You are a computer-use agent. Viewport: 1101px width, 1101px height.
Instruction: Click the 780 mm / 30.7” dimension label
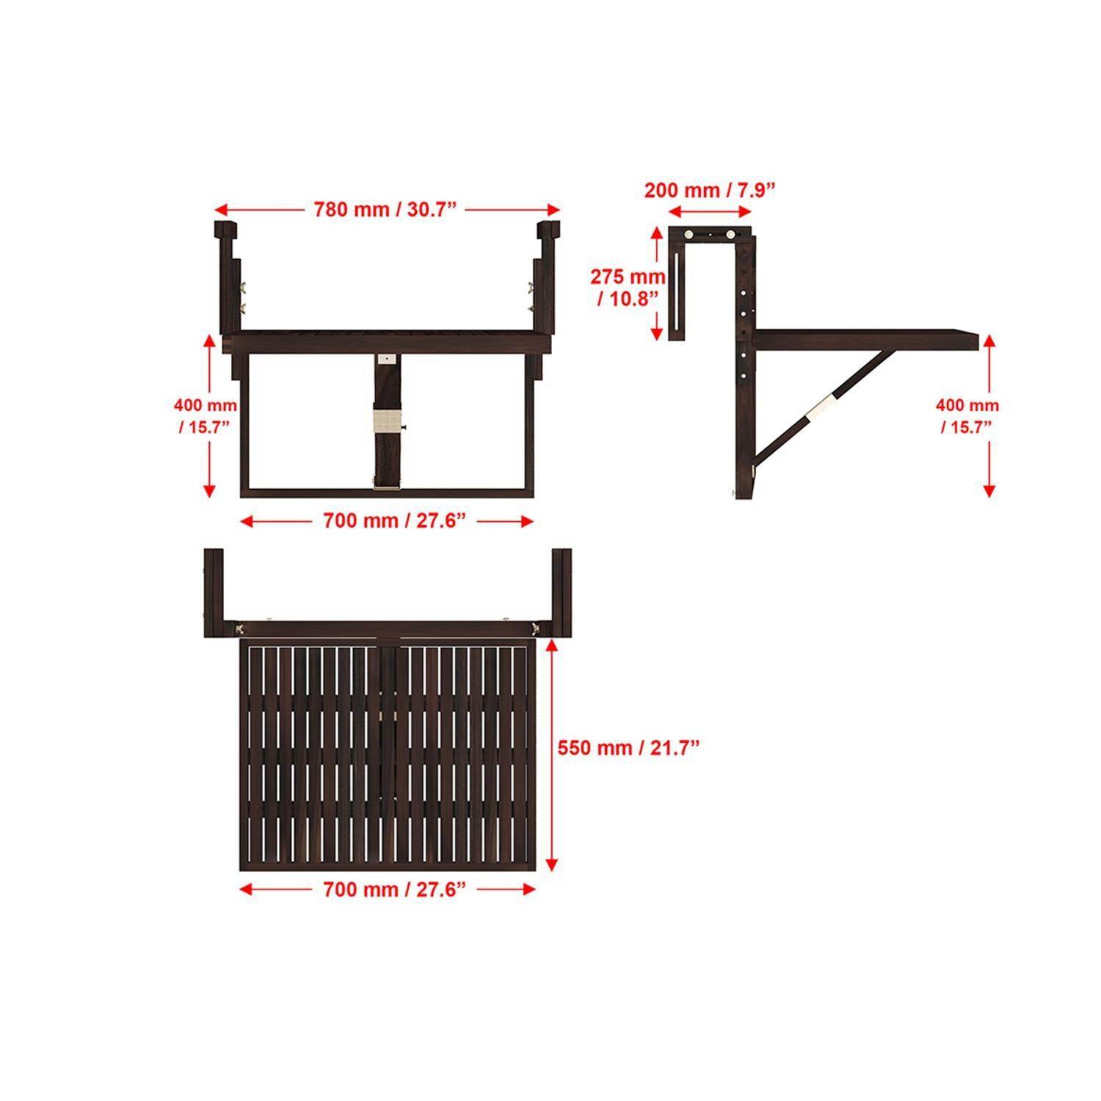[386, 210]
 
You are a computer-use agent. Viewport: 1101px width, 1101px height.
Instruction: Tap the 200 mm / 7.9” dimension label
[710, 191]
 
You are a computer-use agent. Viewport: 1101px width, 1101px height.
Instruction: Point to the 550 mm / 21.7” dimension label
[628, 748]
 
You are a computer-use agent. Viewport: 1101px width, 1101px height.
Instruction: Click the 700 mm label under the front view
[395, 521]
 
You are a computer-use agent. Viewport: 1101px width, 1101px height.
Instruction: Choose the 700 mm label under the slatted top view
[395, 890]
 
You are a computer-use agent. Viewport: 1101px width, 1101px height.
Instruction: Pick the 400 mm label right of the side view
[967, 415]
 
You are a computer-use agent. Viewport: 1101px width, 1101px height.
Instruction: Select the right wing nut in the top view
[535, 628]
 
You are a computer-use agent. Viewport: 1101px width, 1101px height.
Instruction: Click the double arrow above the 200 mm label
[710, 211]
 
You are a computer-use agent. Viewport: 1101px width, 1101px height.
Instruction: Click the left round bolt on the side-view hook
[690, 235]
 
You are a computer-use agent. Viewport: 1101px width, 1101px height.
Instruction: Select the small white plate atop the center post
[387, 360]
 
